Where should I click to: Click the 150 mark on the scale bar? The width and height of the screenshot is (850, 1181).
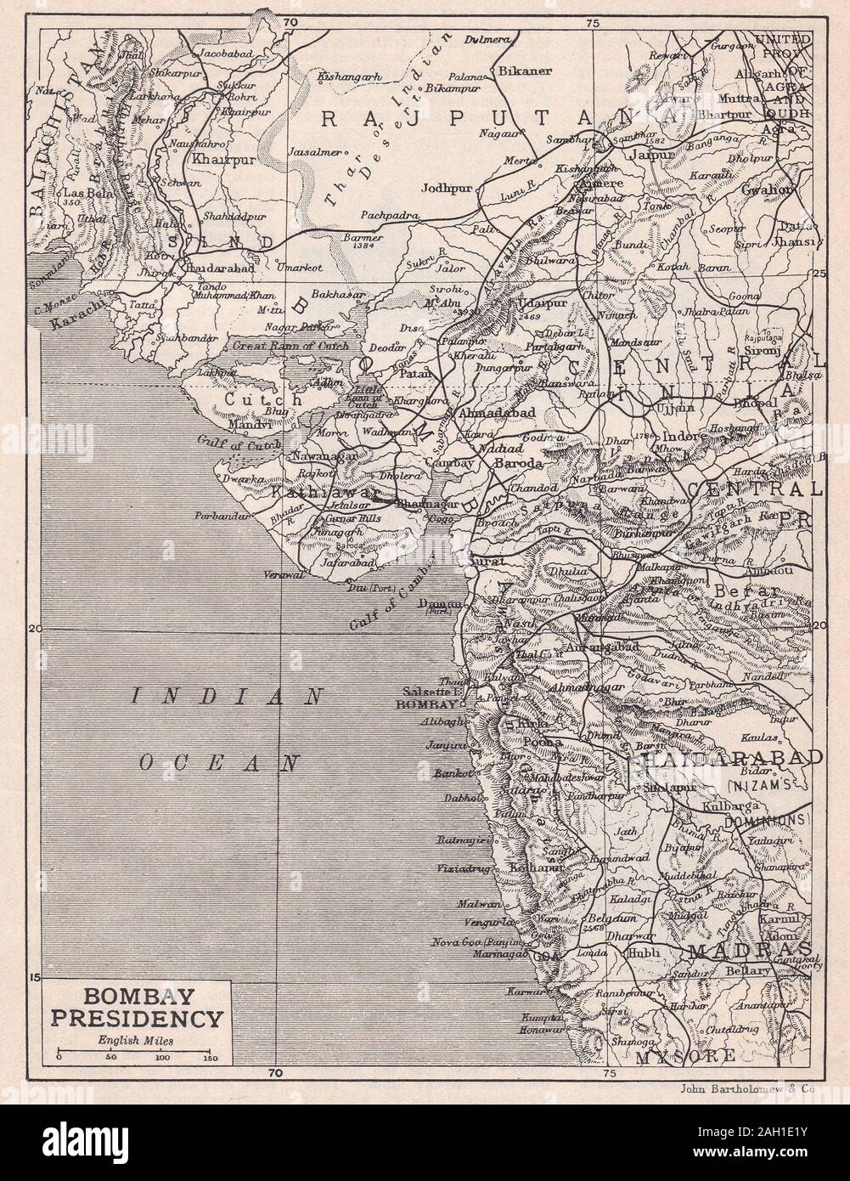(x=210, y=1058)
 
